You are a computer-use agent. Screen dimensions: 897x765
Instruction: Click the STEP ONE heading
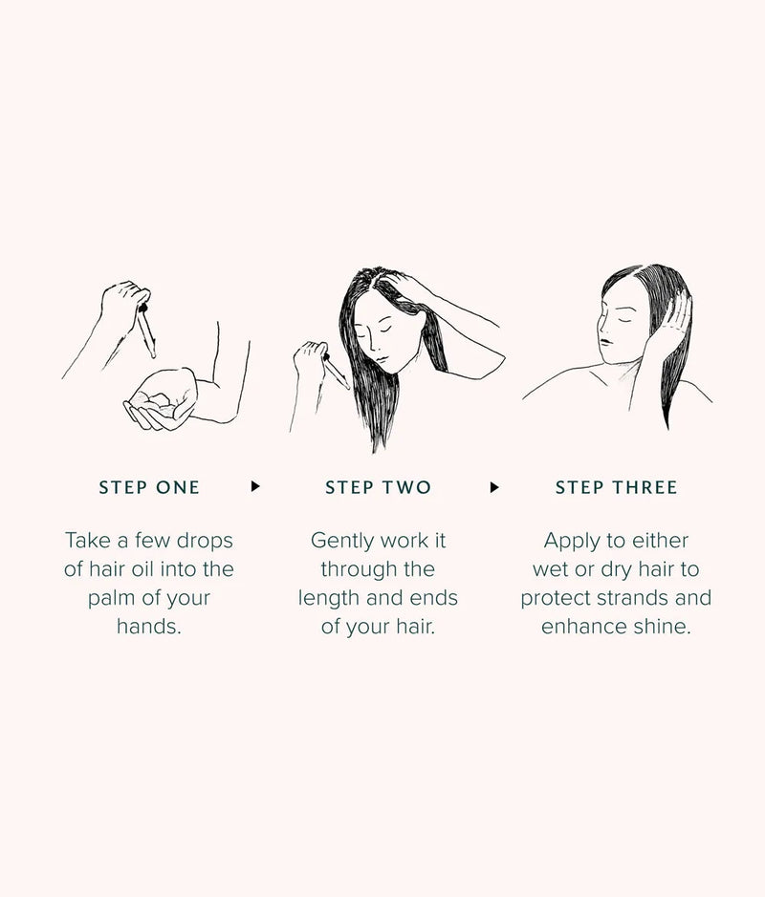[149, 487]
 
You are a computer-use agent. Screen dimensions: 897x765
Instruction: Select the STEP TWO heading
[378, 487]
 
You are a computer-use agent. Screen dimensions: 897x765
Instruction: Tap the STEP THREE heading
[616, 487]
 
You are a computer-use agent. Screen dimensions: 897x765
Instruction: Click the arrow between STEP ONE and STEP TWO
[255, 486]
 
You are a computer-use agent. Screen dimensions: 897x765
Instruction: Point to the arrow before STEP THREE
[494, 486]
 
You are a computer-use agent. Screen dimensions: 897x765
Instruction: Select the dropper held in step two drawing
[336, 371]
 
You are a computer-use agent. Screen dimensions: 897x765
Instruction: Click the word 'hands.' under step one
[149, 627]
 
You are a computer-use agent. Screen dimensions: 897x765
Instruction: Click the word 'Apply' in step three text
[572, 541]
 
